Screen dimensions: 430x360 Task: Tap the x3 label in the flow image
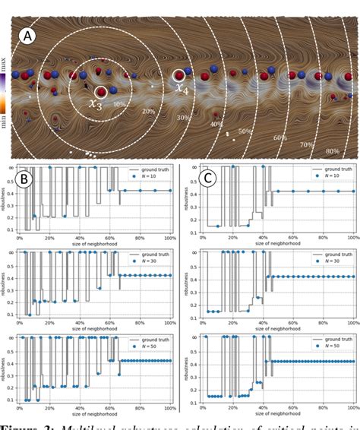click(x=96, y=105)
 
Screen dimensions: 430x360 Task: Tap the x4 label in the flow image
click(x=184, y=88)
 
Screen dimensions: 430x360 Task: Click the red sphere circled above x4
click(x=179, y=75)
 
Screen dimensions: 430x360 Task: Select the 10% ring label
click(x=119, y=103)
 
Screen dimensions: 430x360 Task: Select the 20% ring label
click(x=148, y=112)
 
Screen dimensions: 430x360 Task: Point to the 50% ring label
click(x=245, y=131)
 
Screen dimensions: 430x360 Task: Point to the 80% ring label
click(x=331, y=150)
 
